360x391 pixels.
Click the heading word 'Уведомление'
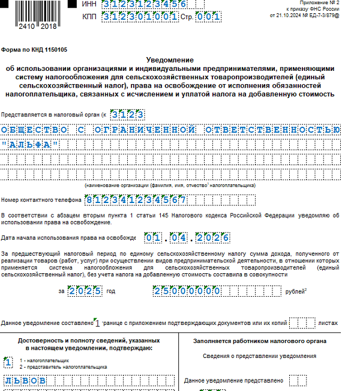pos(170,61)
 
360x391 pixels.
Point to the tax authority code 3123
pos(127,114)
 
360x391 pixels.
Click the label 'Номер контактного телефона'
pos(41,200)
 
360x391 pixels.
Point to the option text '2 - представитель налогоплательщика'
pos(63,366)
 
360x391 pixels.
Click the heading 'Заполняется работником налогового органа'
pos(260,341)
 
